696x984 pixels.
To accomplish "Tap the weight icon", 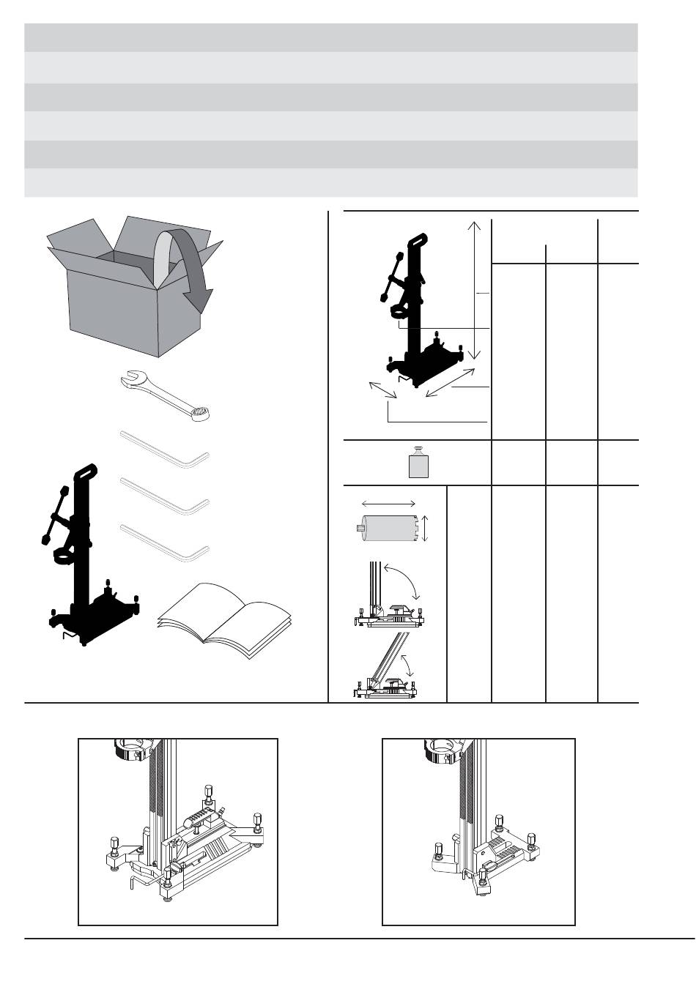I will click(417, 463).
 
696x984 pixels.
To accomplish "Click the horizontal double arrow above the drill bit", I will click(389, 504).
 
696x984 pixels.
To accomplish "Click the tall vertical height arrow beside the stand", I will click(475, 289).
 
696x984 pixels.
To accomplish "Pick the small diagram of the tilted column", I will click(386, 666).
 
